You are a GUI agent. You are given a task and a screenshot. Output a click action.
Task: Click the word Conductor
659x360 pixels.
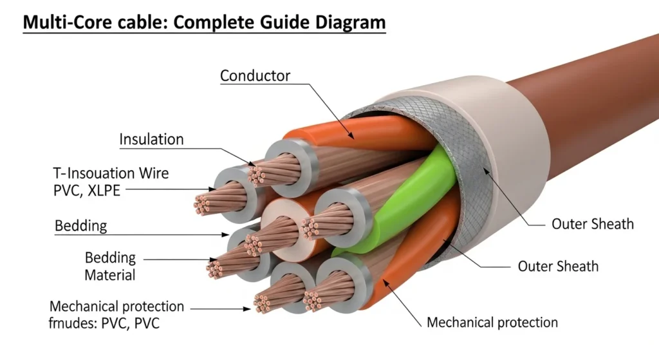point(255,76)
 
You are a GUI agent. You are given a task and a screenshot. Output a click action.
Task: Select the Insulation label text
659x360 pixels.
point(151,140)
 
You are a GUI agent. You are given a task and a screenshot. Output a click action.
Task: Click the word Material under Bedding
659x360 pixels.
point(110,275)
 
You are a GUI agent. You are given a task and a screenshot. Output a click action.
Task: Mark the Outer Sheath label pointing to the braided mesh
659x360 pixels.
point(592,224)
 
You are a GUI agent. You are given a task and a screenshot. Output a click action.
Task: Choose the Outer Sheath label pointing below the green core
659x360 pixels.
point(558,266)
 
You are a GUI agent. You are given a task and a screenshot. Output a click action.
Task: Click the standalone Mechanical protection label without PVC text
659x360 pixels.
point(492,322)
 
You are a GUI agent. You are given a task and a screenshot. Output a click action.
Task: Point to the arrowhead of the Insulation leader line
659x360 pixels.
point(255,164)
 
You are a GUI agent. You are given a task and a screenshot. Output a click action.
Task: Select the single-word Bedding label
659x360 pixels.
point(80,226)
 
